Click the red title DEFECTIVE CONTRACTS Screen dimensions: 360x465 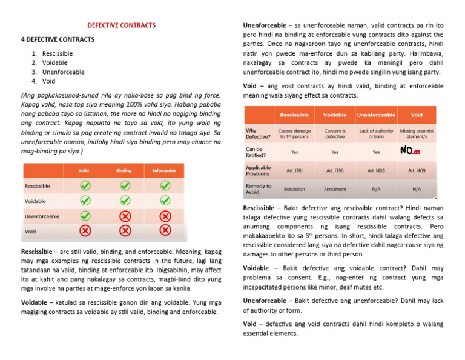coord(122,25)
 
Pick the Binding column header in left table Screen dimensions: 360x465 coord(124,171)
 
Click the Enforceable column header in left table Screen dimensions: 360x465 coord(163,171)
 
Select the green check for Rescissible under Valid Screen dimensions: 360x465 coord(85,186)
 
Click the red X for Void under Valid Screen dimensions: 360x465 coord(85,230)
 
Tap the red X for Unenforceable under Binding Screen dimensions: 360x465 coord(124,216)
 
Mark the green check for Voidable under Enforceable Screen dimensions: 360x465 coord(163,201)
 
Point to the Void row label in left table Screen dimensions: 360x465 coord(30,231)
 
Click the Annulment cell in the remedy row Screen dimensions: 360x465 coord(335,189)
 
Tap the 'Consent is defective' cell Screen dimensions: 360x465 coord(335,134)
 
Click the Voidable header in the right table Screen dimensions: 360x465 coord(335,115)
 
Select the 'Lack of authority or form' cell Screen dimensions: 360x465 coord(375,134)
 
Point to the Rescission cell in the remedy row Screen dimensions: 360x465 coord(294,189)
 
